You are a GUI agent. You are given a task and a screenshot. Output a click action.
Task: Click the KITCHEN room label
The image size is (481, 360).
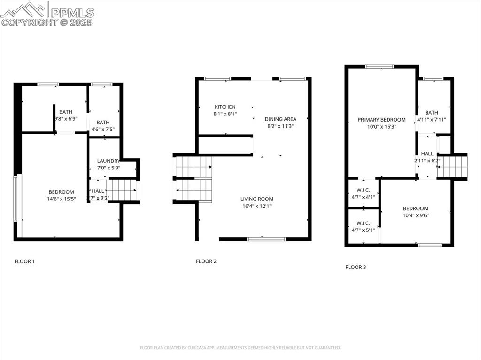tap(225, 107)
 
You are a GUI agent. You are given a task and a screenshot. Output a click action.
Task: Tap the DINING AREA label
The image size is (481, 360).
tap(280, 119)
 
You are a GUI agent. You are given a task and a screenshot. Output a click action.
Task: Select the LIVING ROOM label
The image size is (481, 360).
tap(257, 199)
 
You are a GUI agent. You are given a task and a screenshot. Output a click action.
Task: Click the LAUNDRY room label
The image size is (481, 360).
tap(109, 161)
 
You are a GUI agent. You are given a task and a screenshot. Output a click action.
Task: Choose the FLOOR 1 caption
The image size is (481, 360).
tap(24, 261)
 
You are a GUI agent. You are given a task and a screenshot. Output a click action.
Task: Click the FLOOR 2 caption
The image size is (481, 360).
tap(206, 261)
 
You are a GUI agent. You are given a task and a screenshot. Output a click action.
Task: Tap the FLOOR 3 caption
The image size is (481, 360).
tap(356, 267)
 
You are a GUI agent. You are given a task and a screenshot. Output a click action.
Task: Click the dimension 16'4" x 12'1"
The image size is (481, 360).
tap(257, 206)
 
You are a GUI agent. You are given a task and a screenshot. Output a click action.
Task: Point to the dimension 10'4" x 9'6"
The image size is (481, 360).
tap(416, 215)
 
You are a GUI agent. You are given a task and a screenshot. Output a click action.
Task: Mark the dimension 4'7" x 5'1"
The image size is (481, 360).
tap(363, 230)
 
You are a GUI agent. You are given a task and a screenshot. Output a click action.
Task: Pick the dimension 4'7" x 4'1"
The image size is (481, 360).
tap(363, 197)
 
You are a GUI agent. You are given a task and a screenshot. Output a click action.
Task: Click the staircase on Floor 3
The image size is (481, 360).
tap(452, 166)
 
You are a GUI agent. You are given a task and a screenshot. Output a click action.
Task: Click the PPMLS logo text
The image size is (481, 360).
tap(72, 13)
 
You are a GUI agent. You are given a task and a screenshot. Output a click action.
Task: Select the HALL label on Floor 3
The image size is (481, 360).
tap(427, 153)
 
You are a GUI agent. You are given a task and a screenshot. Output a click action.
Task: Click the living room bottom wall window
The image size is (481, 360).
tap(266, 239)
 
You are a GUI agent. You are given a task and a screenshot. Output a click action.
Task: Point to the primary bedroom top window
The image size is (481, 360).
tap(380, 67)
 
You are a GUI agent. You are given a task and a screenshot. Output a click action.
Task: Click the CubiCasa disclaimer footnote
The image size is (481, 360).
tap(240, 348)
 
